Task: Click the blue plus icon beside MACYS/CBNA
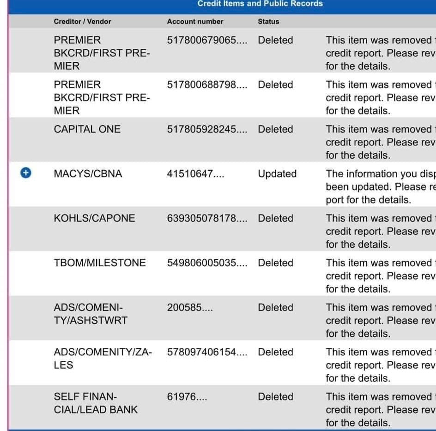click(x=26, y=173)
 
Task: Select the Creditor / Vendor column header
click(x=82, y=21)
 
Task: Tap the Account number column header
click(x=195, y=21)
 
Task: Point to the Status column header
click(x=268, y=21)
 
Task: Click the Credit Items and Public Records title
click(x=260, y=4)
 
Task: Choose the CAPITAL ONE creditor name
click(x=87, y=129)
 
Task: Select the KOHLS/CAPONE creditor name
click(x=94, y=218)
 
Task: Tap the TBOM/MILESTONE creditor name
click(x=99, y=263)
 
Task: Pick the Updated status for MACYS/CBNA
click(x=277, y=174)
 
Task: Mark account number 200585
click(x=190, y=308)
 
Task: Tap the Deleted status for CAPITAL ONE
click(x=275, y=129)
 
